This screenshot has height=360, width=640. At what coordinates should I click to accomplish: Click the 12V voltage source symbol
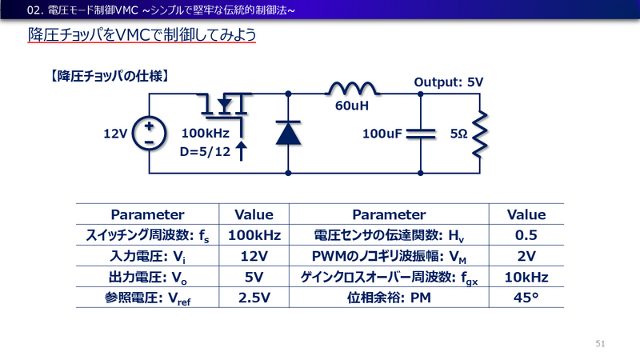pyautogui.click(x=149, y=133)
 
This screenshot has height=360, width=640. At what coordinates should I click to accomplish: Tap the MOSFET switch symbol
pyautogui.click(x=226, y=104)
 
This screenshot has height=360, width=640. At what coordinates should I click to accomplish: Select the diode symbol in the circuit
pyautogui.click(x=287, y=133)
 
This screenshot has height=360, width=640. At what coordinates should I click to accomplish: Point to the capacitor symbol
pyautogui.click(x=421, y=133)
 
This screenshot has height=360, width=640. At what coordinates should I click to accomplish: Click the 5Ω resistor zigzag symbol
pyautogui.click(x=478, y=133)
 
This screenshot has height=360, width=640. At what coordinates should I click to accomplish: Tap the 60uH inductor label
pyautogui.click(x=351, y=106)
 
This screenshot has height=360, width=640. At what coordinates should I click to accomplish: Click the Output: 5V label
pyautogui.click(x=448, y=82)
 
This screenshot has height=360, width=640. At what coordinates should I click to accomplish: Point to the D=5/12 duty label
pyautogui.click(x=205, y=150)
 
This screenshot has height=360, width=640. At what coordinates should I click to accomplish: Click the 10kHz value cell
pyautogui.click(x=526, y=278)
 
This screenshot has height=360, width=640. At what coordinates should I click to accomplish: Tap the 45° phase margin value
pyautogui.click(x=526, y=298)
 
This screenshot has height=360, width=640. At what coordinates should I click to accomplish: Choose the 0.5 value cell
pyautogui.click(x=526, y=235)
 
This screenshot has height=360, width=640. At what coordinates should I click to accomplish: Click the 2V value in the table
pyautogui.click(x=526, y=256)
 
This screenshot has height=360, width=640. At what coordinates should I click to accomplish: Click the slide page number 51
pyautogui.click(x=601, y=343)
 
